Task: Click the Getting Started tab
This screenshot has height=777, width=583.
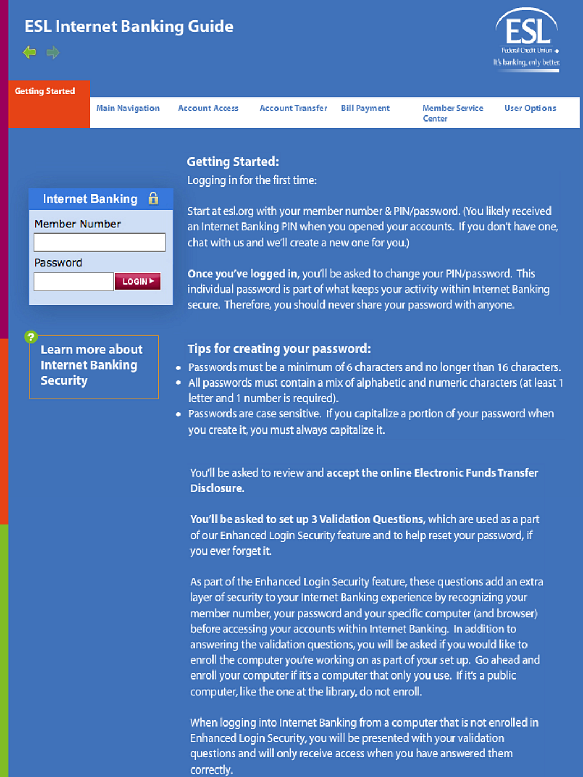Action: click(x=45, y=91)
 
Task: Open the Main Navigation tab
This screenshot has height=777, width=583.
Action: click(x=128, y=109)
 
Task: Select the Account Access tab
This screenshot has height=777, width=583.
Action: click(x=208, y=109)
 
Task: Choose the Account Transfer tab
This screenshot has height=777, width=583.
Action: click(x=293, y=109)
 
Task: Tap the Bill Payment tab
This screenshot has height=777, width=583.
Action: click(x=365, y=109)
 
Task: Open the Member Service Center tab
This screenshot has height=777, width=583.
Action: click(x=452, y=113)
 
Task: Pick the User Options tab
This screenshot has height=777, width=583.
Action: click(x=530, y=109)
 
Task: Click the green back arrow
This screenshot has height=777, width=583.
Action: click(x=30, y=53)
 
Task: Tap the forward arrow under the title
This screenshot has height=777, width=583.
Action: click(x=53, y=53)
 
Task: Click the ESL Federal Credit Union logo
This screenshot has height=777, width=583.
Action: click(x=527, y=39)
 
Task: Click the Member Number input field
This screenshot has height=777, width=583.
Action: click(x=99, y=243)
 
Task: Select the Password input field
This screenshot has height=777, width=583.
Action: click(x=73, y=282)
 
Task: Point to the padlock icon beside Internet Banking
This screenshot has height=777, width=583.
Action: click(x=153, y=198)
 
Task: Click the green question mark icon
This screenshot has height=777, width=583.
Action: click(x=31, y=337)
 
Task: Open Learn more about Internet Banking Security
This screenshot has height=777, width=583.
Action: click(x=92, y=365)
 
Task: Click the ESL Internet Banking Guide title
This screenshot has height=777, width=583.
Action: click(x=128, y=26)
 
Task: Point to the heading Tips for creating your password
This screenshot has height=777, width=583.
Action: click(x=279, y=349)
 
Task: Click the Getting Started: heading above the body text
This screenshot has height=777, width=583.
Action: click(x=233, y=162)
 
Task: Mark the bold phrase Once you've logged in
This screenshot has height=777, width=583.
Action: click(x=243, y=274)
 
